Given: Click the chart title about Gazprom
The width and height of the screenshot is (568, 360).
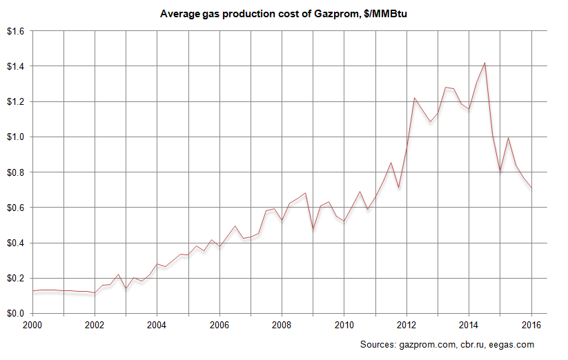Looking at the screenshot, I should [x=284, y=13].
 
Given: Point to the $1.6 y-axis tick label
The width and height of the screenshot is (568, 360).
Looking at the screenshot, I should [x=15, y=31].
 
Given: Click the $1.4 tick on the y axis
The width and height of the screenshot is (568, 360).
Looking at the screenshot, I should [x=15, y=66].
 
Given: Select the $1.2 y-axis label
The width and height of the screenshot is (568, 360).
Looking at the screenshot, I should [x=15, y=101].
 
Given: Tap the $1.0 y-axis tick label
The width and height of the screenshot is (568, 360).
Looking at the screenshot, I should [x=15, y=137].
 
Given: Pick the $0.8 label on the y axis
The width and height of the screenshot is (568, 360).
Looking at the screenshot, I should [x=15, y=172].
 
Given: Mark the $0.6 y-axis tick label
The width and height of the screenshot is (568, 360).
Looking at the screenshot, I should [x=15, y=208].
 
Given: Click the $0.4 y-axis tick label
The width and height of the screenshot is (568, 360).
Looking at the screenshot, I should [x=15, y=243].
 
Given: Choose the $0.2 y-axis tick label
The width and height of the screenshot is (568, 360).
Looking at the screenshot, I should [x=15, y=278].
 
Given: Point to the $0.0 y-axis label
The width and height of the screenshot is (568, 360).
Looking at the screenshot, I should [x=15, y=313].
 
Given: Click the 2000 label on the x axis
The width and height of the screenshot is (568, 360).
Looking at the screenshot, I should [x=32, y=324].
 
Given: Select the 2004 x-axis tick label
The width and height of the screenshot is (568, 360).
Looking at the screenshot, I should [x=157, y=324].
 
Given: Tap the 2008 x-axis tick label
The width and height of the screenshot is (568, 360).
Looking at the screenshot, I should [x=282, y=324].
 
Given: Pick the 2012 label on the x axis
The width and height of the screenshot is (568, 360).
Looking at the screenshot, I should [x=407, y=324].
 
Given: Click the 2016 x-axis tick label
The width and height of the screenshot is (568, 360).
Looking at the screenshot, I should [x=531, y=324].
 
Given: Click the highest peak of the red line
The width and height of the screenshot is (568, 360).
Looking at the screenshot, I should [x=484, y=63].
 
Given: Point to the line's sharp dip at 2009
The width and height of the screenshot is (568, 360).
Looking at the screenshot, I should [x=313, y=229].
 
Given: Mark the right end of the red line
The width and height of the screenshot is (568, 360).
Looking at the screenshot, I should [x=531, y=190].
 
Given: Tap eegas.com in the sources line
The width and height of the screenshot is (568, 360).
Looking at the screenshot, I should [x=512, y=344].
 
